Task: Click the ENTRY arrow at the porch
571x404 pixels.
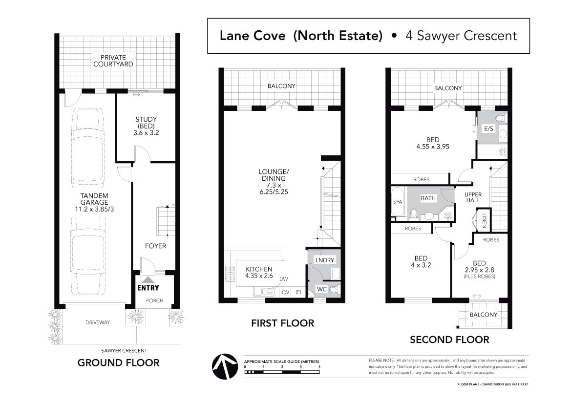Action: click(x=148, y=280)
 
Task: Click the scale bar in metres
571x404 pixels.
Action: click(x=282, y=372)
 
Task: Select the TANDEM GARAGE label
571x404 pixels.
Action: click(x=94, y=203)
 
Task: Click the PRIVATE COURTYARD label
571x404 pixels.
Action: click(x=113, y=61)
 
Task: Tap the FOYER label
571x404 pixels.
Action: click(x=155, y=246)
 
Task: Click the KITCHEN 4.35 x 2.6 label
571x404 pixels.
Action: click(x=259, y=272)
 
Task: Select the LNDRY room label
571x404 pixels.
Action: click(x=324, y=260)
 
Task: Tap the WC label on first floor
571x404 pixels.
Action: click(x=321, y=289)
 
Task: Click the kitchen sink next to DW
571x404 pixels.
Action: click(x=264, y=292)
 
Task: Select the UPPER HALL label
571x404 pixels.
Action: click(x=473, y=197)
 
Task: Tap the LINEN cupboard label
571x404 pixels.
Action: click(x=484, y=220)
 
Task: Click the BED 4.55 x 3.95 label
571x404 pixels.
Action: click(x=433, y=143)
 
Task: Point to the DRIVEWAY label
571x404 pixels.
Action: click(x=98, y=322)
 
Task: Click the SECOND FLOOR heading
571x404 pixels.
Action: click(x=449, y=340)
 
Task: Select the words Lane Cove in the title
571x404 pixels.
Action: click(x=253, y=36)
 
